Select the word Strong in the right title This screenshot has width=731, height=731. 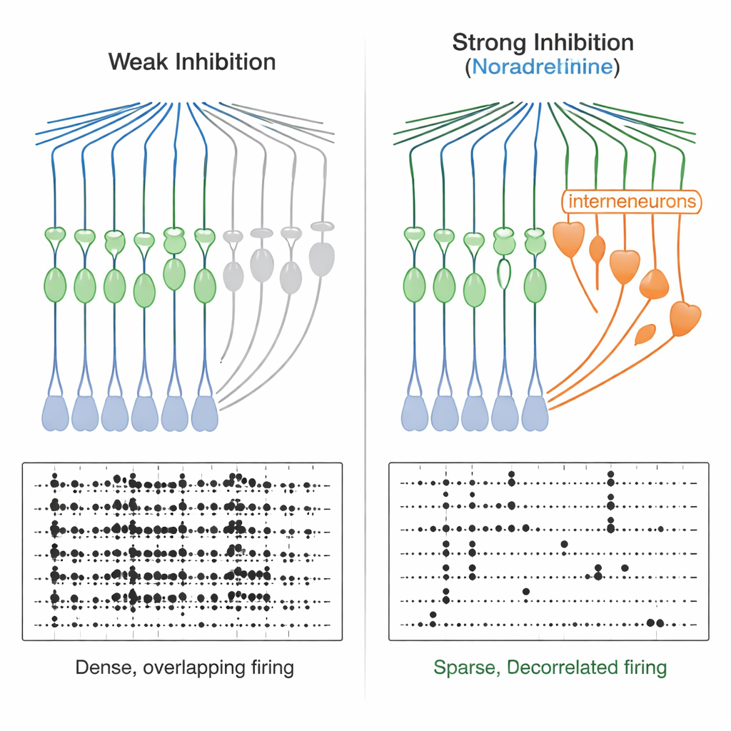485,43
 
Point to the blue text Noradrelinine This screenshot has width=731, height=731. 543,68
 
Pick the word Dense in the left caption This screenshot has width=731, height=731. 106,668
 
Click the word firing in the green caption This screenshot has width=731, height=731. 643,668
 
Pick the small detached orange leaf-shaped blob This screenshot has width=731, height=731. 645,333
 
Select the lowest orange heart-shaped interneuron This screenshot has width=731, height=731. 685,318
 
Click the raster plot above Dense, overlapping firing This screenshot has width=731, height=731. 182,551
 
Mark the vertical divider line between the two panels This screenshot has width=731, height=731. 365,357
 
